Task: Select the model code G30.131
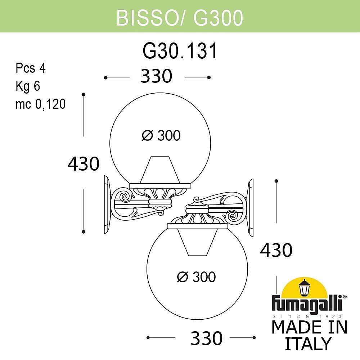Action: point(180,51)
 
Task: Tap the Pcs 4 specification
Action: point(31,68)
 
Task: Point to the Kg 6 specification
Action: point(27,86)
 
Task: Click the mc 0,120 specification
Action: point(40,104)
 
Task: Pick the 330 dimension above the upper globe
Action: point(157,77)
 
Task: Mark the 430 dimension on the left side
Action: point(84,164)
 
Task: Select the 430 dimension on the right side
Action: point(276,250)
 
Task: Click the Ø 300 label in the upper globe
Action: point(161,136)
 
